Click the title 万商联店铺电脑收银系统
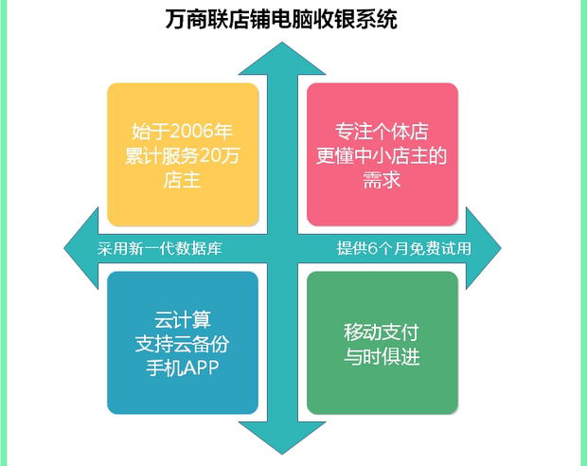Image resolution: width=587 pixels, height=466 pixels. coord(281,19)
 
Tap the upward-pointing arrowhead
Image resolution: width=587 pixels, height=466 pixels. coord(282,59)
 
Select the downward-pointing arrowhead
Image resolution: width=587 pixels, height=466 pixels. coord(282,438)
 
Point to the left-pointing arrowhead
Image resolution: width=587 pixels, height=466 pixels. coord(81,248)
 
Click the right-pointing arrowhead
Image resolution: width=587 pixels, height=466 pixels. coord(483,248)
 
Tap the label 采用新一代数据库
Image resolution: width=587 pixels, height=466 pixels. coord(160,249)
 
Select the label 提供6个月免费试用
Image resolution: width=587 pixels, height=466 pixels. coord(403,248)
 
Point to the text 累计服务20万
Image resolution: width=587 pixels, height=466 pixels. coord(183,155)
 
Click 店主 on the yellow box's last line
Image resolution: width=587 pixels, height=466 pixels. coord(183,180)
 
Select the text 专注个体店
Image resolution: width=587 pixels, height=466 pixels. coord(382,131)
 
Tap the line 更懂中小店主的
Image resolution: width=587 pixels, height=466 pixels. coord(382,155)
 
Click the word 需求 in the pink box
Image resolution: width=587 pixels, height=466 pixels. coord(382,180)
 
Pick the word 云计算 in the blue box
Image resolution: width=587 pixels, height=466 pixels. coord(183,319)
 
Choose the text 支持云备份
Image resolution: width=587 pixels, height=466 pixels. coord(183,344)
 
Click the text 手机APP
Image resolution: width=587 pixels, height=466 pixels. coord(183,367)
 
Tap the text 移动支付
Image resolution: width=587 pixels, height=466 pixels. coord(382,332)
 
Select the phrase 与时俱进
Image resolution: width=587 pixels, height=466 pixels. coord(382,356)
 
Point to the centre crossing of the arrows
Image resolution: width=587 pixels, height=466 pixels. coord(282,248)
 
